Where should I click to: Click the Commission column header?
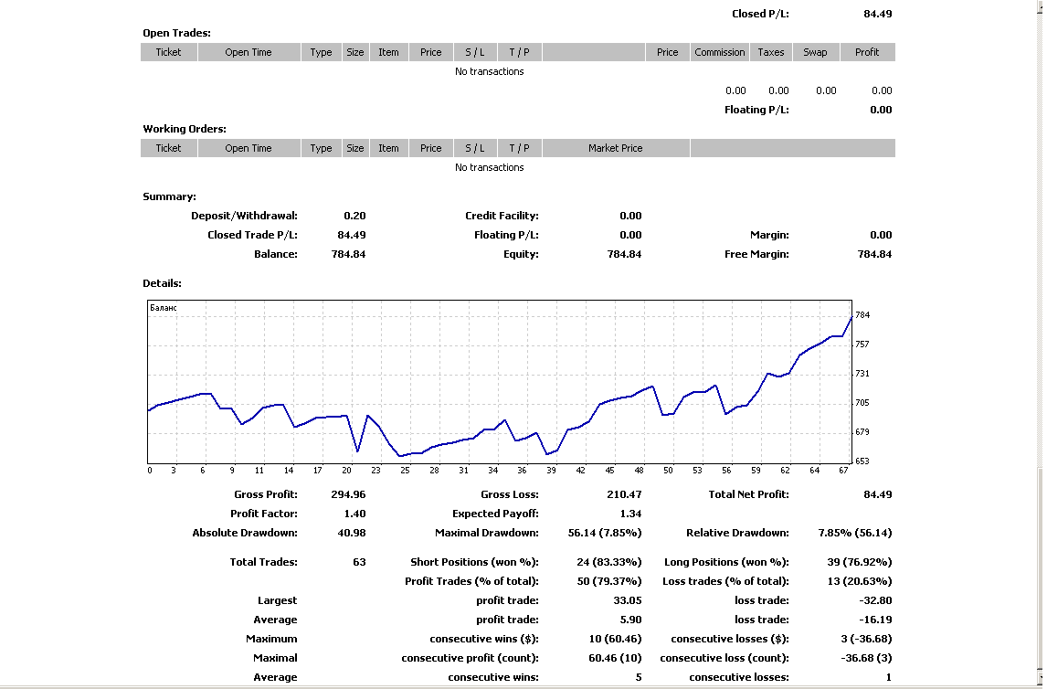pyautogui.click(x=719, y=52)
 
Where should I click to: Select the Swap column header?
pyautogui.click(x=815, y=52)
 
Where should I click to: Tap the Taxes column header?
pyautogui.click(x=770, y=52)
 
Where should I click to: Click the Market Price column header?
pyautogui.click(x=615, y=148)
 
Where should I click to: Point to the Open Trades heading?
pyautogui.click(x=176, y=33)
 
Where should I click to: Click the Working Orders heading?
pyautogui.click(x=185, y=129)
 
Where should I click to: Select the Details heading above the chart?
pyautogui.click(x=162, y=283)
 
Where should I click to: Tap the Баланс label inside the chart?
pyautogui.click(x=163, y=308)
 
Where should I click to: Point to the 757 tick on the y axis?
pyautogui.click(x=862, y=344)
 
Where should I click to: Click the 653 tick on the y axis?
pyautogui.click(x=862, y=461)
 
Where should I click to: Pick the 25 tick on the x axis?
pyautogui.click(x=406, y=471)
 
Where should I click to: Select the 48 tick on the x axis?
pyautogui.click(x=639, y=471)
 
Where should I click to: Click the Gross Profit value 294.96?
pyautogui.click(x=348, y=494)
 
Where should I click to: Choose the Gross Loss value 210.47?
pyautogui.click(x=624, y=494)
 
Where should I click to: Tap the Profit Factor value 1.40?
pyautogui.click(x=354, y=514)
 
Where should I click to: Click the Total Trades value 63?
pyautogui.click(x=359, y=562)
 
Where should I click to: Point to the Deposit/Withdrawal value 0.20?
pyautogui.click(x=354, y=216)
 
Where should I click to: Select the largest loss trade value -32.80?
pyautogui.click(x=875, y=601)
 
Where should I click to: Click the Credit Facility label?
pyautogui.click(x=502, y=216)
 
